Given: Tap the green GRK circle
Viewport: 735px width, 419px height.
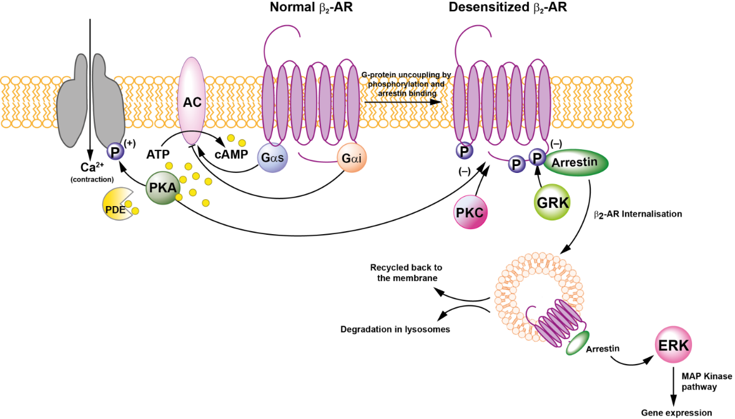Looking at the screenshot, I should pos(552,202).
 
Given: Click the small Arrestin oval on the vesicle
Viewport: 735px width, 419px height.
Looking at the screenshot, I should pos(577,343).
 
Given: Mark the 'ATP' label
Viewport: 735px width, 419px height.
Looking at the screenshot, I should pos(159,153).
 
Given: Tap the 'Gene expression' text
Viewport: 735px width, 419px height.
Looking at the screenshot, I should pos(676,412).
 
